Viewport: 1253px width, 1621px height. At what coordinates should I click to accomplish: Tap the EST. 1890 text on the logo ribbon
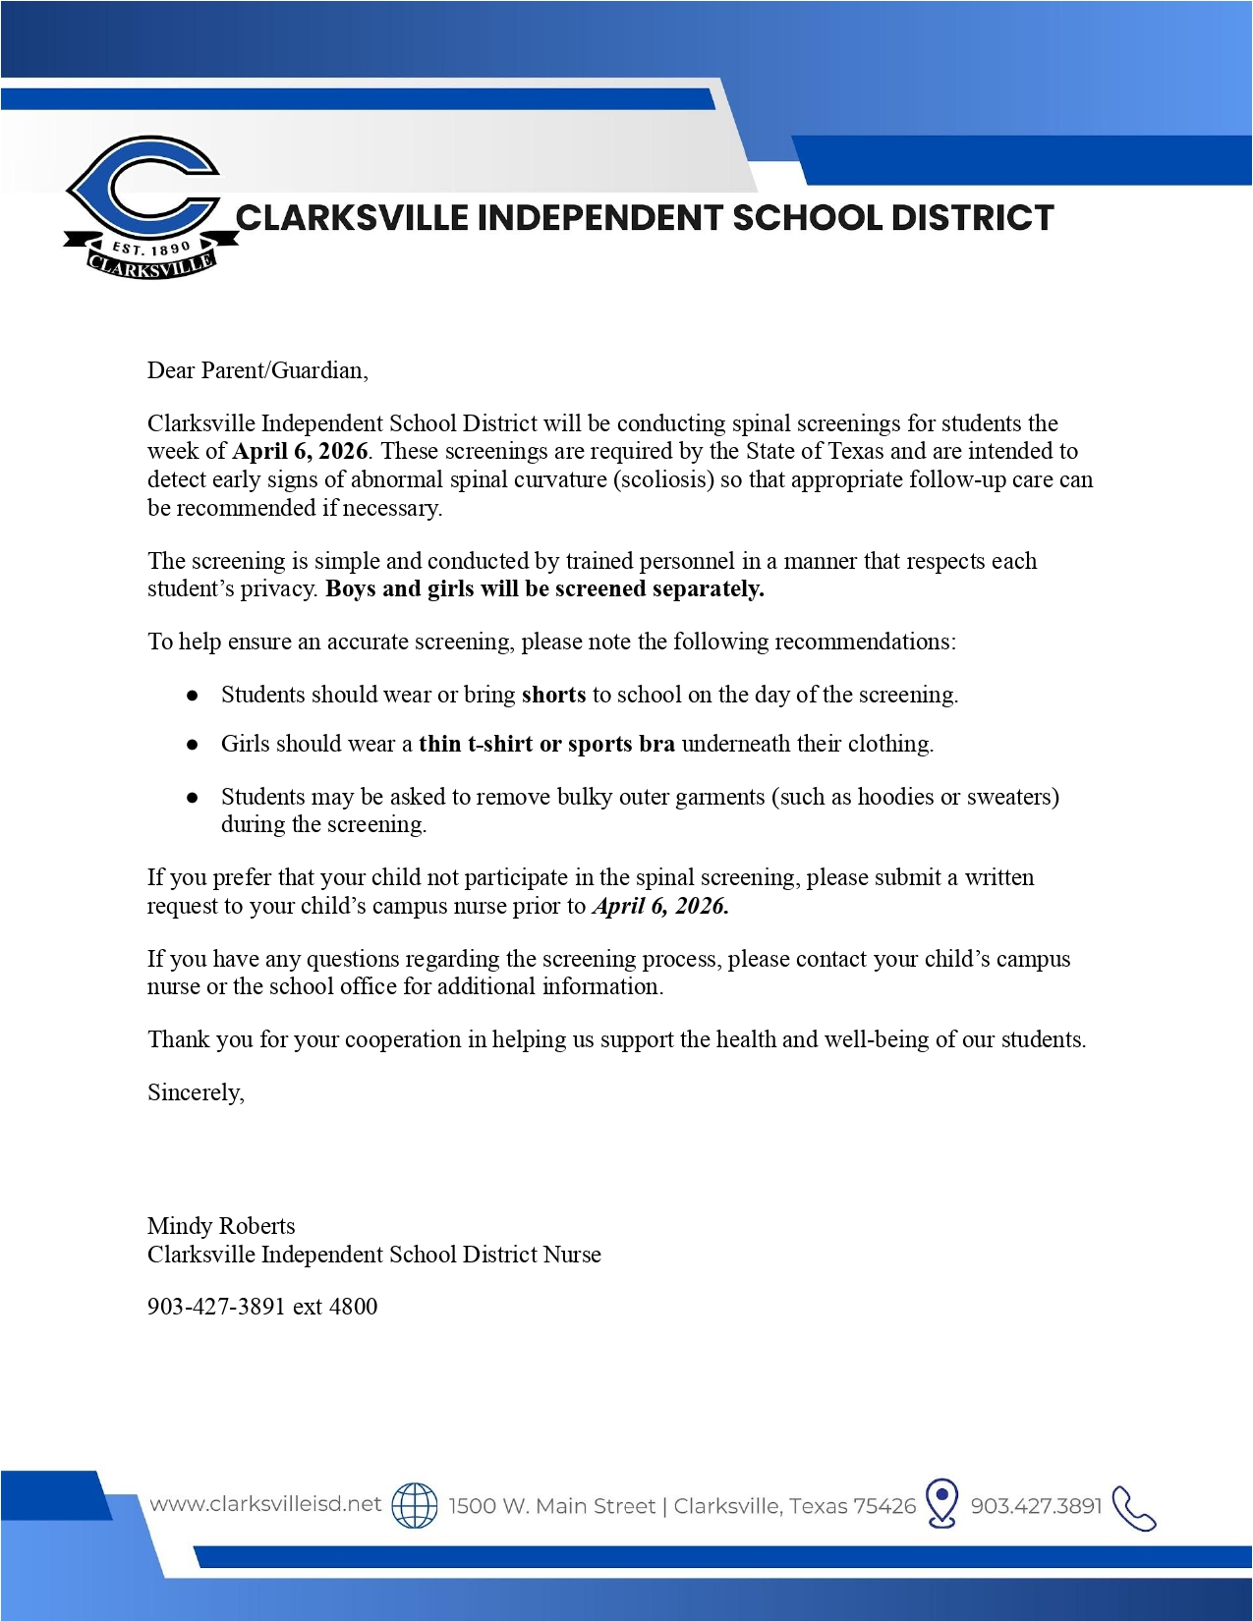150,249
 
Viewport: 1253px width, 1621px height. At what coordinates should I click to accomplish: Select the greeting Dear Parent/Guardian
257,370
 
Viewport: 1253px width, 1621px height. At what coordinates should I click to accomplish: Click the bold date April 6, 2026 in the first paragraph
300,451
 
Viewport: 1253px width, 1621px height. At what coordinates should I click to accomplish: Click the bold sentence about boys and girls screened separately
544,588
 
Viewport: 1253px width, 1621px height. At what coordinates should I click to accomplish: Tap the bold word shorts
553,695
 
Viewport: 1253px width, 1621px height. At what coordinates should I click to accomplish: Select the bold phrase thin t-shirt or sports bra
546,744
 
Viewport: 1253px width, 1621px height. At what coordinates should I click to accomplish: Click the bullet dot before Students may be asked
193,797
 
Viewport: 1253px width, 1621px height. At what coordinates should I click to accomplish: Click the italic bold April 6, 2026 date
660,906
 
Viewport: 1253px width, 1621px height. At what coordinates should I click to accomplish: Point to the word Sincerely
196,1092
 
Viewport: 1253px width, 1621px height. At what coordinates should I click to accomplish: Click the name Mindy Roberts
221,1226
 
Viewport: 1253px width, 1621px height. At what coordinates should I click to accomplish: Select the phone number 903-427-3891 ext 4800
262,1307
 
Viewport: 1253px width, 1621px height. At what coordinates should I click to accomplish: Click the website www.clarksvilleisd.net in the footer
265,1504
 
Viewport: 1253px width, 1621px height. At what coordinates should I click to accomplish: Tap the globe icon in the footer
415,1505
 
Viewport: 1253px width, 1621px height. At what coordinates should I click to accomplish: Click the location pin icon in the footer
942,1503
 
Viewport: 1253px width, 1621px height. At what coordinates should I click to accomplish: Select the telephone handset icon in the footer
1135,1508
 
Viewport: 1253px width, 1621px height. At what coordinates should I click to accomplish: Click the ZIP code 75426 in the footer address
884,1506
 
